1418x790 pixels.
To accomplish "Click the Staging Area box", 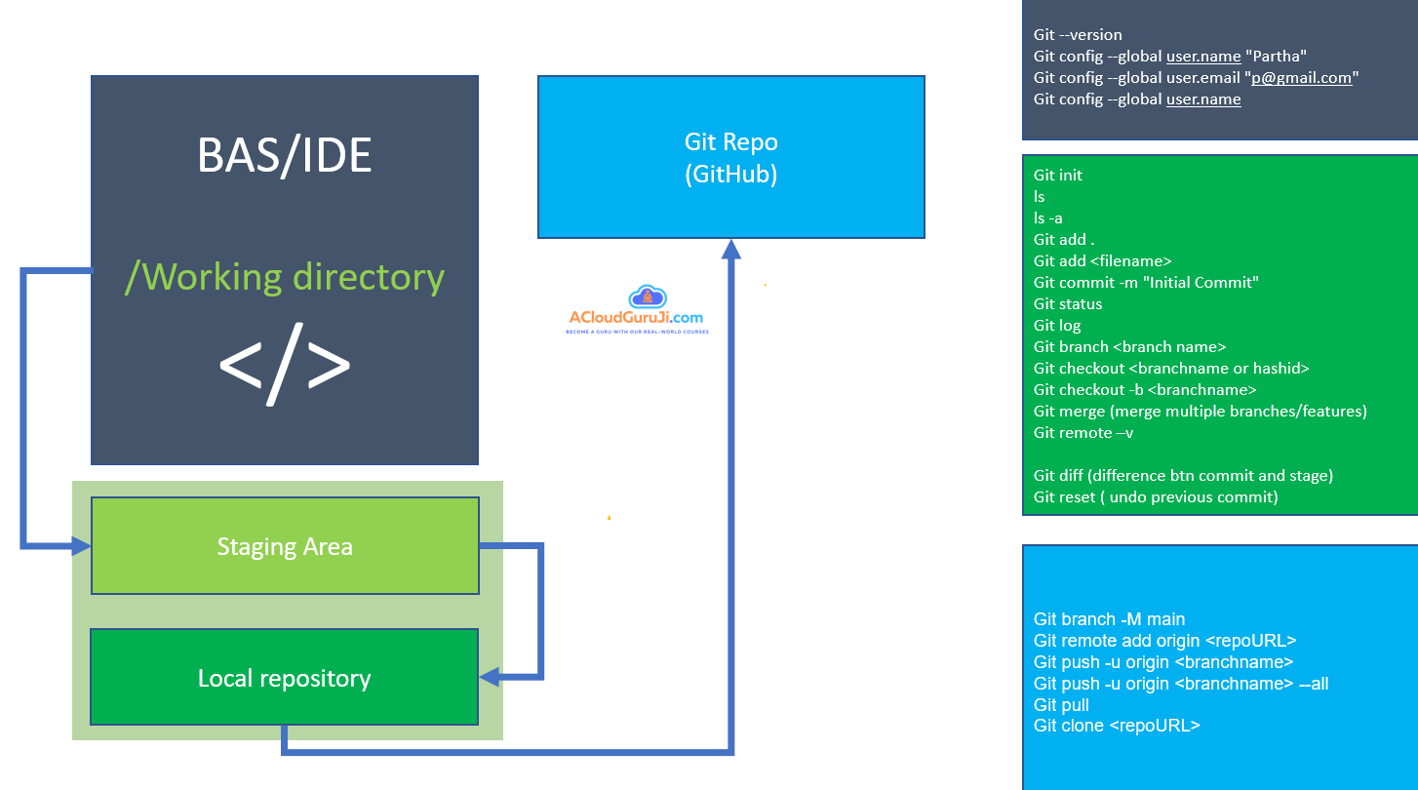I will point(285,546).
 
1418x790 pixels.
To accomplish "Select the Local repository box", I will point(284,678).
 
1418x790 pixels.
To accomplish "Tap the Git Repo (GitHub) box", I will point(730,157).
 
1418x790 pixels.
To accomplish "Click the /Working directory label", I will point(285,277).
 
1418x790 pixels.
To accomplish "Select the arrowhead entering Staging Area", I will point(82,546).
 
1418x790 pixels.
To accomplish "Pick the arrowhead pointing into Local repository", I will point(489,676).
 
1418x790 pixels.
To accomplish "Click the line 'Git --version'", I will point(1078,35).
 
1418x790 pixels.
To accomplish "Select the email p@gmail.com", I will point(1301,78).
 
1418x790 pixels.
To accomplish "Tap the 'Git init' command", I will point(1058,176).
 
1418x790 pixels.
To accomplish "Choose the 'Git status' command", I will point(1068,304).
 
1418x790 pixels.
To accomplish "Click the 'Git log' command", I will point(1057,326).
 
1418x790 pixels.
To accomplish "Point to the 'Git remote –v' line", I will point(1083,433).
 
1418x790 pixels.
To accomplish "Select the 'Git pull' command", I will point(1061,705).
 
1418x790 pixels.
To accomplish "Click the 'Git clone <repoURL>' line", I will point(1117,727).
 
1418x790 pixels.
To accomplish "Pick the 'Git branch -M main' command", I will point(1109,619).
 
